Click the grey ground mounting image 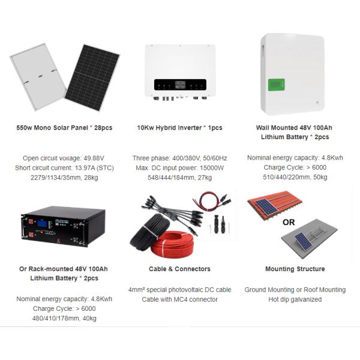click(x=308, y=239)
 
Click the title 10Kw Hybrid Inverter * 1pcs click(x=179, y=128)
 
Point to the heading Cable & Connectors click(x=179, y=269)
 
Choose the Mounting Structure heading click(x=295, y=269)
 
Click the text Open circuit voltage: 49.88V click(x=64, y=158)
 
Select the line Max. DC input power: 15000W click(x=179, y=168)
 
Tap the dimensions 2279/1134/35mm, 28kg click(x=64, y=178)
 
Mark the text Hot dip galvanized click(x=295, y=299)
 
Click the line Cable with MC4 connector click(x=179, y=299)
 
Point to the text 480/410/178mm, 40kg click(x=64, y=319)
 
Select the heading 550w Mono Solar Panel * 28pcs click(x=64, y=128)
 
